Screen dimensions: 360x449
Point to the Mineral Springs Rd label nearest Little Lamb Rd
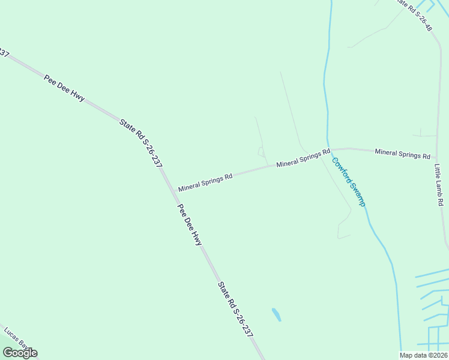pyautogui.click(x=402, y=154)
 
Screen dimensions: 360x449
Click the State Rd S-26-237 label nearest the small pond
pyautogui.click(x=235, y=309)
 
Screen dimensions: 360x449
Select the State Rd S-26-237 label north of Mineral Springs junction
pyautogui.click(x=141, y=142)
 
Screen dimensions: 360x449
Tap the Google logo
pyautogui.click(x=20, y=353)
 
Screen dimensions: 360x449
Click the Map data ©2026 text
pyautogui.click(x=424, y=355)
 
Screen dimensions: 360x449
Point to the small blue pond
pyautogui.click(x=276, y=314)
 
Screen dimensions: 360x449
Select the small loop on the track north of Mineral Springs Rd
pyautogui.click(x=261, y=151)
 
